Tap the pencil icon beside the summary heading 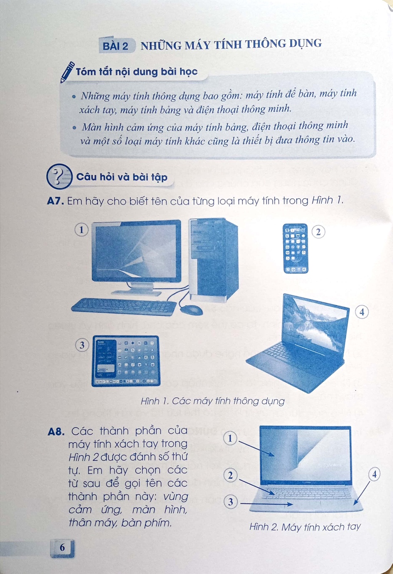pos(67,72)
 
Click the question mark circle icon pos(59,176)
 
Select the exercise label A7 pos(55,201)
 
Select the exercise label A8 pos(56,432)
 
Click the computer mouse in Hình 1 pos(191,310)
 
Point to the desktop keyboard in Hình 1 pos(124,306)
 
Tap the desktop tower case pos(213,260)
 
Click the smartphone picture pos(296,248)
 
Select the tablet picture pos(126,361)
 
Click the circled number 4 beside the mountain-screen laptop pos(362,312)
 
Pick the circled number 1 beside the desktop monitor pos(81,230)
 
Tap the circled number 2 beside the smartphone pos(319,232)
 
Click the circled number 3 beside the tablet pos(82,345)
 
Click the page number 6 pos(62,547)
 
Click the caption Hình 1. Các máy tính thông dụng pos(213,401)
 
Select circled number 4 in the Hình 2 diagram pos(374,474)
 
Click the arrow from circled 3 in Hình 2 pos(266,504)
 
